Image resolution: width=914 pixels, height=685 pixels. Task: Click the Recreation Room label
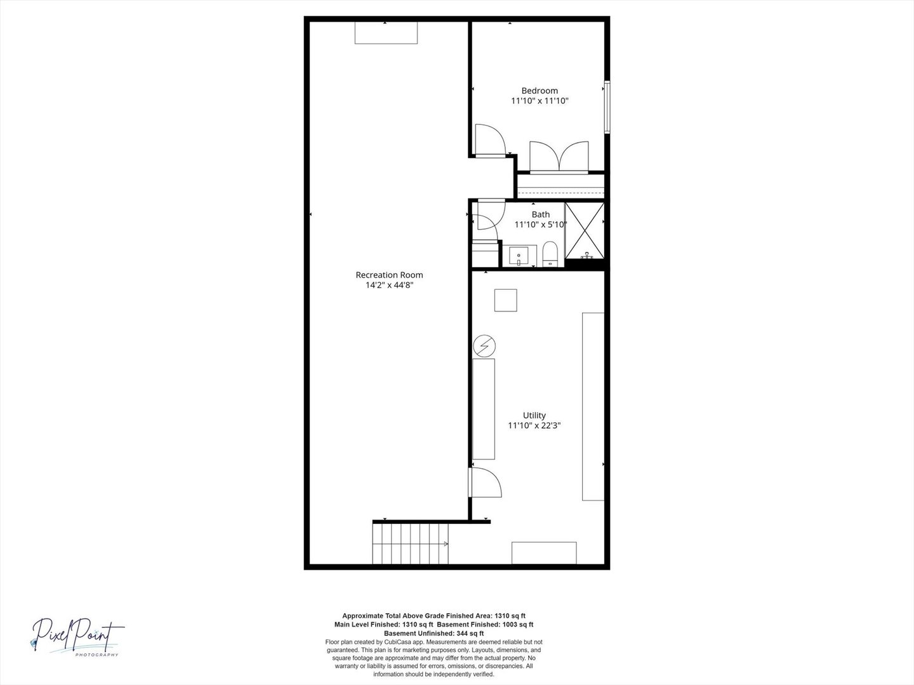tap(389, 275)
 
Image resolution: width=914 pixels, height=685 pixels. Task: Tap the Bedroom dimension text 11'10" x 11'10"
tap(540, 101)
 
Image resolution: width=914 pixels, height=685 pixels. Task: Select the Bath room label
tap(541, 214)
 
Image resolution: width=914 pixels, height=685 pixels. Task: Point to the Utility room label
tap(534, 415)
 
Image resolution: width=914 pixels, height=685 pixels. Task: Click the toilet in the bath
tap(550, 254)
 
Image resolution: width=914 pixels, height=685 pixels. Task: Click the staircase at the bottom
tap(410, 543)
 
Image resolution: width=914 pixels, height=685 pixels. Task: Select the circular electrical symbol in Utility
tap(484, 346)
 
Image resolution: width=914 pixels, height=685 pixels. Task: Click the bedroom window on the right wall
tap(607, 107)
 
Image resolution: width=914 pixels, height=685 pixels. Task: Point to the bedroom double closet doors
tap(559, 157)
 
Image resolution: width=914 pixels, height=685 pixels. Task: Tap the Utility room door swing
tap(485, 482)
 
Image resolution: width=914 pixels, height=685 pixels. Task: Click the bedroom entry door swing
tap(491, 141)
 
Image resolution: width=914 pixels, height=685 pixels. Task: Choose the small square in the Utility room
tap(505, 300)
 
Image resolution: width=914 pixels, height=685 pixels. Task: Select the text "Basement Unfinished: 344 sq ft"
tap(434, 634)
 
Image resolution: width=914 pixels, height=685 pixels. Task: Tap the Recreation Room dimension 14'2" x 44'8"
tap(389, 285)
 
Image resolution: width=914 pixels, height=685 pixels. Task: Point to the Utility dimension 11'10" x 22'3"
tap(534, 426)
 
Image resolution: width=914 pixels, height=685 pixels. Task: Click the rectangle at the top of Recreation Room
tap(386, 32)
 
